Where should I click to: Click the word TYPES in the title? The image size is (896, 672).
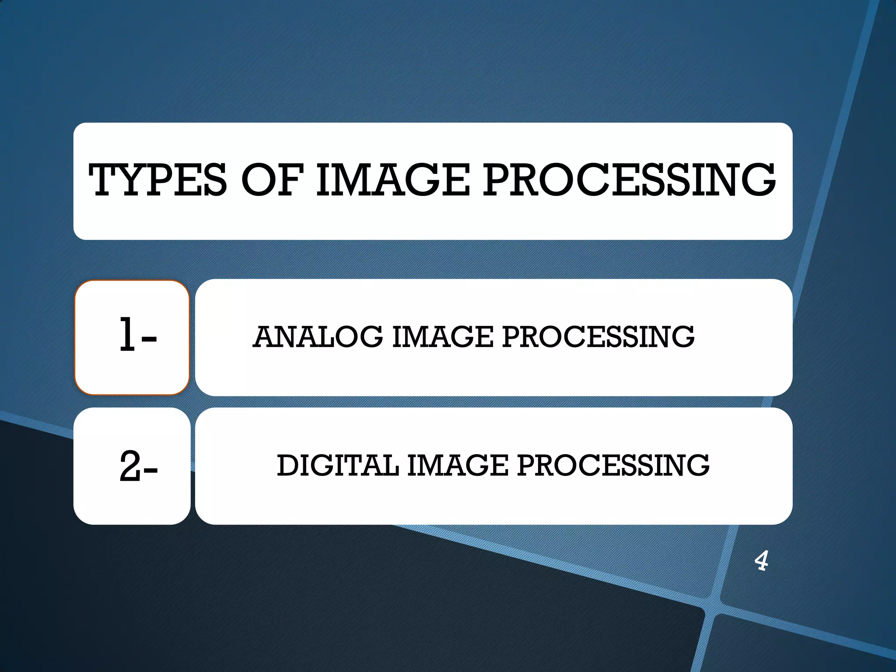pyautogui.click(x=158, y=180)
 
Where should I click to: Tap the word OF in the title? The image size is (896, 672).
pyautogui.click(x=272, y=180)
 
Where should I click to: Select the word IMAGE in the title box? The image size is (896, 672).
pyautogui.click(x=393, y=180)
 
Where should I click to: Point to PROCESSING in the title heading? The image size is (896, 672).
pyautogui.click(x=629, y=180)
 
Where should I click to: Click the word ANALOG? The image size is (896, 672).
pyautogui.click(x=318, y=337)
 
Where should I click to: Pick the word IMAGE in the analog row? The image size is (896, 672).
pyautogui.click(x=443, y=337)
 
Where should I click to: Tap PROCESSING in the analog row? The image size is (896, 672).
pyautogui.click(x=598, y=337)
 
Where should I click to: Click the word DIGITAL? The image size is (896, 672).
pyautogui.click(x=338, y=465)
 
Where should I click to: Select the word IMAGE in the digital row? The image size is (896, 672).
pyautogui.click(x=458, y=465)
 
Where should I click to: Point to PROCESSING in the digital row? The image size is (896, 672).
pyautogui.click(x=613, y=465)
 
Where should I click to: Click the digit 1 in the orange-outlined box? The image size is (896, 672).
pyautogui.click(x=127, y=335)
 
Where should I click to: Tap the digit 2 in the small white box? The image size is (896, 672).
pyautogui.click(x=130, y=466)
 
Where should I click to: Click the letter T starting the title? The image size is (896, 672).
pyautogui.click(x=104, y=180)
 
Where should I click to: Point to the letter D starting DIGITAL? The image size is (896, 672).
pyautogui.click(x=288, y=465)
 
